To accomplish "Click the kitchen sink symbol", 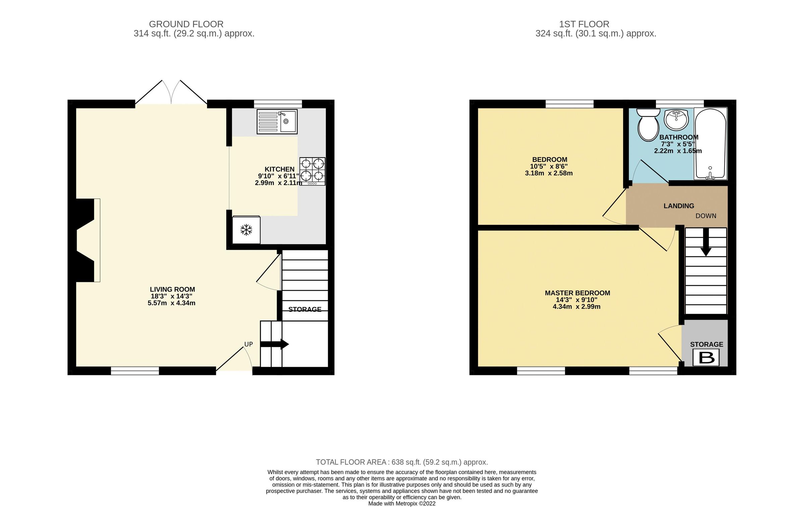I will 277,121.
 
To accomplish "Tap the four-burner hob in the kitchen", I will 312,171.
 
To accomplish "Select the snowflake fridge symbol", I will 246,230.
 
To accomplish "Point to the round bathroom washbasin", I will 676,119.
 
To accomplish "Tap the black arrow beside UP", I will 275,344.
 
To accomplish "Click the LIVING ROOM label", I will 172,290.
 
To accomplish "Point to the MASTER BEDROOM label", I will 578,293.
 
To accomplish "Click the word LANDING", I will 679,206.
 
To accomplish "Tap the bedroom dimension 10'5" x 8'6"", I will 549,167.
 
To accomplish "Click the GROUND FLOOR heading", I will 186,24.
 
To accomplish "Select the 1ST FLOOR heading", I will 584,24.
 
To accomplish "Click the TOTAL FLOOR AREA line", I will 402,462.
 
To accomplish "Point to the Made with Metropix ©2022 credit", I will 402,503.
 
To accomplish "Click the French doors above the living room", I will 171,93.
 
